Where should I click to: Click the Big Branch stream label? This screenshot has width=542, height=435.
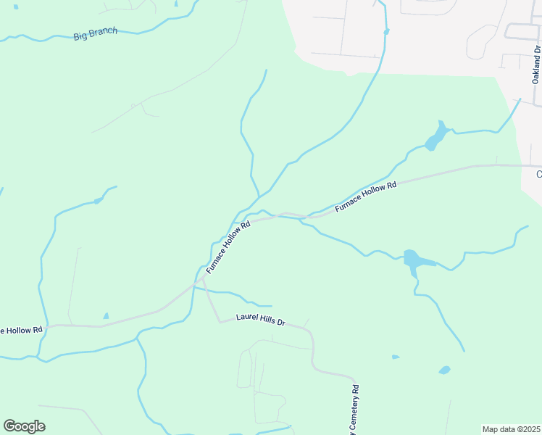[x=95, y=34]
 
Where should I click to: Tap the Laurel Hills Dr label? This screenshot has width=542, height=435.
[x=262, y=319]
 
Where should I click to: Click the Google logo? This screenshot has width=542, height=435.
[x=24, y=426]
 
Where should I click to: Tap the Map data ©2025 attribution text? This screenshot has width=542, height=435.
[x=511, y=429]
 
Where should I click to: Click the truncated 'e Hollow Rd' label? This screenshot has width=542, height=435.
[x=22, y=331]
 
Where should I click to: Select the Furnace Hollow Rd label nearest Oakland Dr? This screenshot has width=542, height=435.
[x=366, y=197]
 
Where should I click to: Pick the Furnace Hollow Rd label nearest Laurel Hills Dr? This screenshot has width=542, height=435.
[x=228, y=247]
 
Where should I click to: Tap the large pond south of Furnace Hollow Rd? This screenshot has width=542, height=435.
[x=412, y=259]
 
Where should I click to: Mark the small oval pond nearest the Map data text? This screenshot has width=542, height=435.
[x=444, y=370]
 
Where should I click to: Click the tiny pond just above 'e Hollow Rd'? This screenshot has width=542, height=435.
[x=106, y=316]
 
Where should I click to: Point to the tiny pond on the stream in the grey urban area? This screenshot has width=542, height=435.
[x=386, y=32]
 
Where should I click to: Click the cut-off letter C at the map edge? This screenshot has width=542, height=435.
[x=538, y=174]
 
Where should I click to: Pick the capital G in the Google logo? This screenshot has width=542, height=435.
[x=10, y=426]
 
